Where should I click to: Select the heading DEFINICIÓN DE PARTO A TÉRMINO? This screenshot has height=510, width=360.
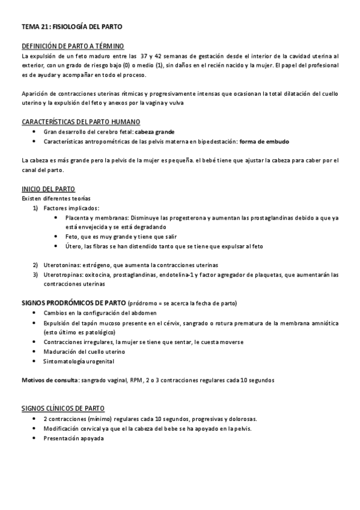[73, 46]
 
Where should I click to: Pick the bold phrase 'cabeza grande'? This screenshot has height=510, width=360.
[154, 131]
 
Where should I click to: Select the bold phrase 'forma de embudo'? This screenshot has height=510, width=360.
[264, 141]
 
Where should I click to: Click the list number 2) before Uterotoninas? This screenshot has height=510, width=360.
[35, 265]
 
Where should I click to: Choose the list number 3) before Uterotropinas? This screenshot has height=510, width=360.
[35, 275]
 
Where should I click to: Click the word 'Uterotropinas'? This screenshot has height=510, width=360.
[62, 275]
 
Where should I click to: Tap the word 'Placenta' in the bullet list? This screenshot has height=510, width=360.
[79, 217]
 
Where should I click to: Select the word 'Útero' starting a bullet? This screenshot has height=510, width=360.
[73, 246]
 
